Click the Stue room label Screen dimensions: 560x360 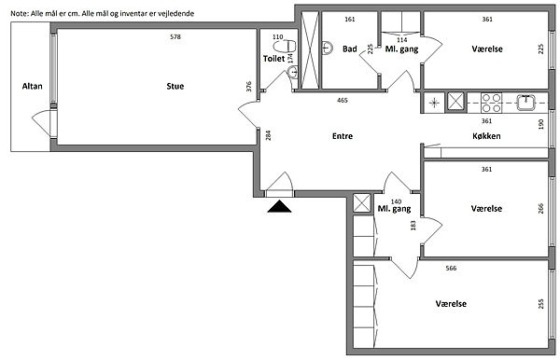coord(175,86)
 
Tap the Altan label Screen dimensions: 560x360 coord(32,86)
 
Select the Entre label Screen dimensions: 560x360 coord(343,136)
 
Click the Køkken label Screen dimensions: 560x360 coord(486,136)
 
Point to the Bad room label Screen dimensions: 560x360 coord(350,48)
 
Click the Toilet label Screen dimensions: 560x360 coord(273,59)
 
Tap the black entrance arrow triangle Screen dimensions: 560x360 coord(279,206)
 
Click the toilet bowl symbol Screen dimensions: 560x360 coord(285,46)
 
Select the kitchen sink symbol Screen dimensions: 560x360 coord(525,103)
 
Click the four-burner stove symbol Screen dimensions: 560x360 coord(492,103)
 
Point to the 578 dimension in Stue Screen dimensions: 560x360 coord(175,36)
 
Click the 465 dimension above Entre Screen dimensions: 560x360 coord(343,100)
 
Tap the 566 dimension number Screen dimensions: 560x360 coord(451,268)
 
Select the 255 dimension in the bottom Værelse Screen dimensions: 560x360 coord(541,304)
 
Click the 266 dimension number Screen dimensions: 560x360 coord(541,209)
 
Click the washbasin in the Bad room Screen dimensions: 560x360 coord(328,48)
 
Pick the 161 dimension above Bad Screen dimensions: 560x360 coord(350,20)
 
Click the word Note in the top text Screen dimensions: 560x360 coord(18,14)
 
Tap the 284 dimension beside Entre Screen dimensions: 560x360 coord(268,135)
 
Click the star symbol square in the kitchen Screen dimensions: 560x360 coord(434,104)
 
